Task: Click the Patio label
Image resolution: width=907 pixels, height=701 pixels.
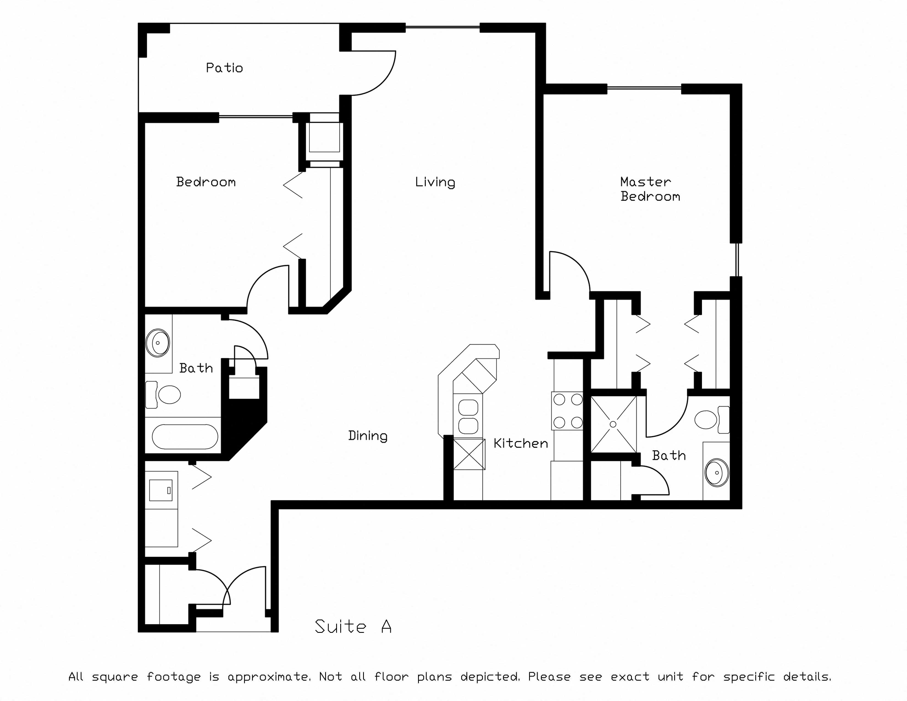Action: tap(224, 68)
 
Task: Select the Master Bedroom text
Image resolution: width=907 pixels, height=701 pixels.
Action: tap(650, 189)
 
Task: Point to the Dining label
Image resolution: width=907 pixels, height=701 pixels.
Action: tap(367, 436)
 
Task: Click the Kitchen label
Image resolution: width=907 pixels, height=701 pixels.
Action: tap(521, 443)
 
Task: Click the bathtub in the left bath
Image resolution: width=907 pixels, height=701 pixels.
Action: tap(185, 437)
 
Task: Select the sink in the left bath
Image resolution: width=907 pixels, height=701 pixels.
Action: tap(158, 343)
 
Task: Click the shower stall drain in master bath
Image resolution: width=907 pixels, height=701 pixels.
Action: tap(613, 424)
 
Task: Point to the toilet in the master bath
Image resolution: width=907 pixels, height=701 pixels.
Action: tap(712, 420)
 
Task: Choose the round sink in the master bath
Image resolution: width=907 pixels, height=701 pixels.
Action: tap(717, 473)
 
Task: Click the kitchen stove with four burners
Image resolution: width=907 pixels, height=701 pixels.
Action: tap(567, 411)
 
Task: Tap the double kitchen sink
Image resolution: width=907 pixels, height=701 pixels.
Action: tap(468, 416)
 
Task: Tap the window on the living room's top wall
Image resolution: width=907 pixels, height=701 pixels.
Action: tap(443, 27)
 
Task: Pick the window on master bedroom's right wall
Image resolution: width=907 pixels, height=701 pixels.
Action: tap(737, 260)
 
